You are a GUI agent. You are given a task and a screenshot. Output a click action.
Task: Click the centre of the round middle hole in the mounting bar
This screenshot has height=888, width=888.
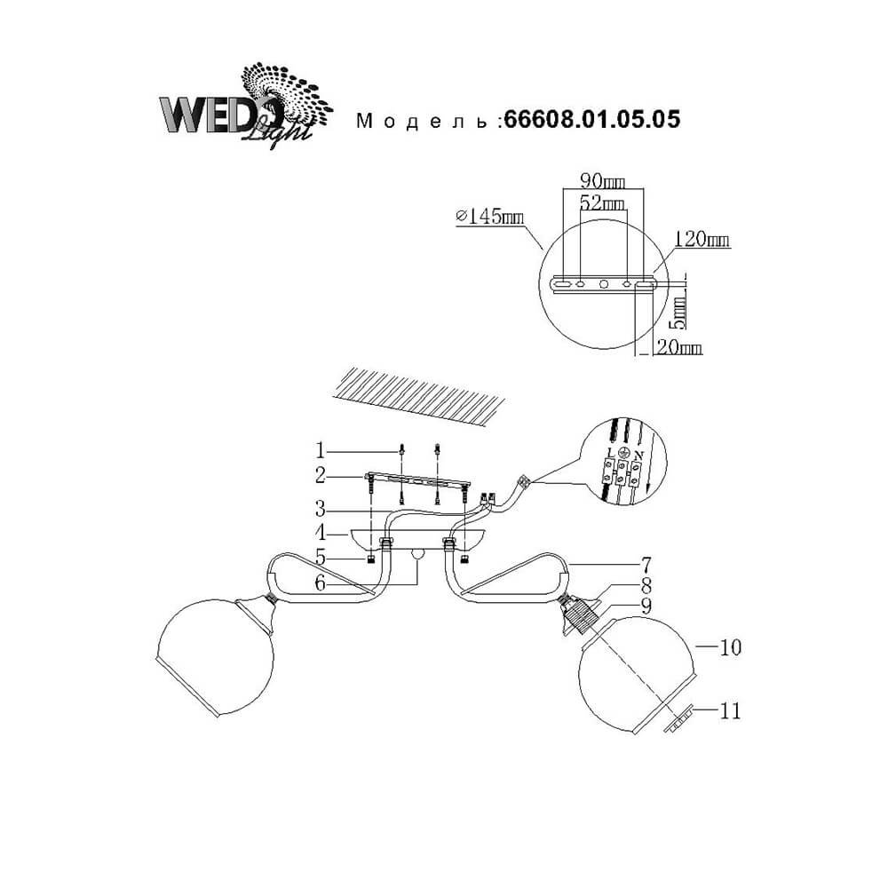(604, 283)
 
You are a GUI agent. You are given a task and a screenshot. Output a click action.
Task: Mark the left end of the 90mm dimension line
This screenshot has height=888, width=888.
(562, 188)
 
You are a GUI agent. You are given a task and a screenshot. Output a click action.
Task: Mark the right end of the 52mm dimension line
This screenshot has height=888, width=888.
(628, 210)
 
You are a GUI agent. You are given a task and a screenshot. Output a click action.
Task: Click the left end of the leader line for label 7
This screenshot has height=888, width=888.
(568, 565)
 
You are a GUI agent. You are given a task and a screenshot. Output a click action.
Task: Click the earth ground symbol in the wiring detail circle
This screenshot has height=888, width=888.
(623, 453)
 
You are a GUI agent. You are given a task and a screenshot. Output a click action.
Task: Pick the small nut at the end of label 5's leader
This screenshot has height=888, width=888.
(370, 559)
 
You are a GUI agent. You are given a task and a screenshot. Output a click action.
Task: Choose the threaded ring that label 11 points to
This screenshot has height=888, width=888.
(678, 718)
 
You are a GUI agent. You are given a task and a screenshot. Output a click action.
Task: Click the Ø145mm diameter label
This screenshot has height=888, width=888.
(489, 217)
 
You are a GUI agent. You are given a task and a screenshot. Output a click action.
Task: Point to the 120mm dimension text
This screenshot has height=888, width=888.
(702, 240)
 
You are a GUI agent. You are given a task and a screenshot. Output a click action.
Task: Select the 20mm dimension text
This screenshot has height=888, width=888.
(678, 346)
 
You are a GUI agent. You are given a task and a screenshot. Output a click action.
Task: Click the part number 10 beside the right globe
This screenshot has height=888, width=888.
(730, 646)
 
